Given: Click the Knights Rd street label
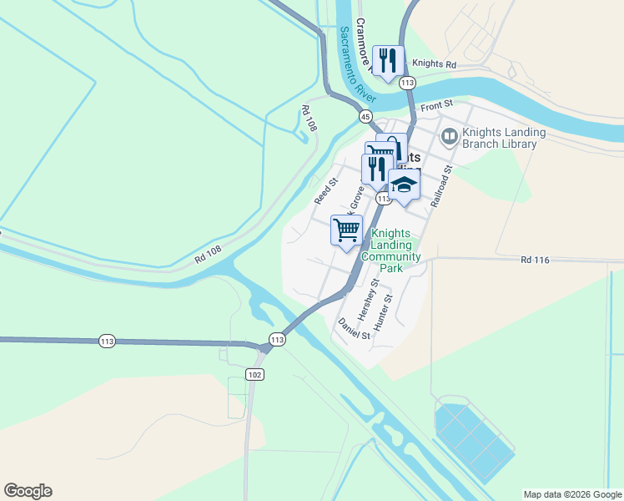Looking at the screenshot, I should [435, 64].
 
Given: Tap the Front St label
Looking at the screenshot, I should [436, 105].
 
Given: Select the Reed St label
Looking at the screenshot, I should [325, 191].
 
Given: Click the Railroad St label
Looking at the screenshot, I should [440, 186].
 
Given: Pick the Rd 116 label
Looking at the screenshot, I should [535, 261].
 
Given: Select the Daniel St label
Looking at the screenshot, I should [354, 329].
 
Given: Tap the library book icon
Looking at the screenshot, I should [450, 134].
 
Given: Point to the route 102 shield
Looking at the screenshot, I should [255, 375].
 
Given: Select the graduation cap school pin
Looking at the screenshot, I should [404, 185].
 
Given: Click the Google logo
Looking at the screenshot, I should [28, 491].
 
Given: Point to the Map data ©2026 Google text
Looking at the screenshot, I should [571, 494].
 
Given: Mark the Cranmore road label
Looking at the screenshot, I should [364, 39].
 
